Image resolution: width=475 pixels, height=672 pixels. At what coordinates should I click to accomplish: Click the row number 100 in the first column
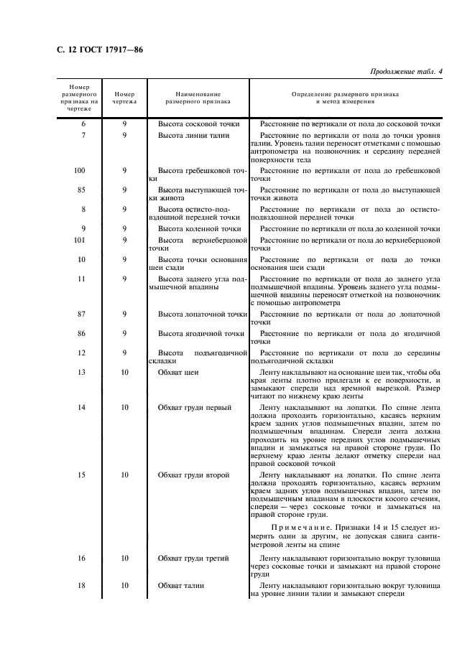click(x=80, y=171)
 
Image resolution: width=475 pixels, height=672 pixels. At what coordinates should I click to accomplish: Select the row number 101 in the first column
click(x=80, y=241)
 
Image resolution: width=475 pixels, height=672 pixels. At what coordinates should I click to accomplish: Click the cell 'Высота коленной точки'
click(x=200, y=229)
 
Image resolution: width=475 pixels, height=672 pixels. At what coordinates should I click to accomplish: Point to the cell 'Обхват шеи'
click(x=178, y=373)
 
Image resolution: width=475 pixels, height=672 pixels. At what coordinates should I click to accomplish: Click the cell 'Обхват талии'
click(x=181, y=585)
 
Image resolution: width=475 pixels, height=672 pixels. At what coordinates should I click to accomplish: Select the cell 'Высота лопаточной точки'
click(x=202, y=314)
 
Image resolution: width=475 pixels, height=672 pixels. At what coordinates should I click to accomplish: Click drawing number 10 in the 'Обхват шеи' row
click(x=124, y=373)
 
